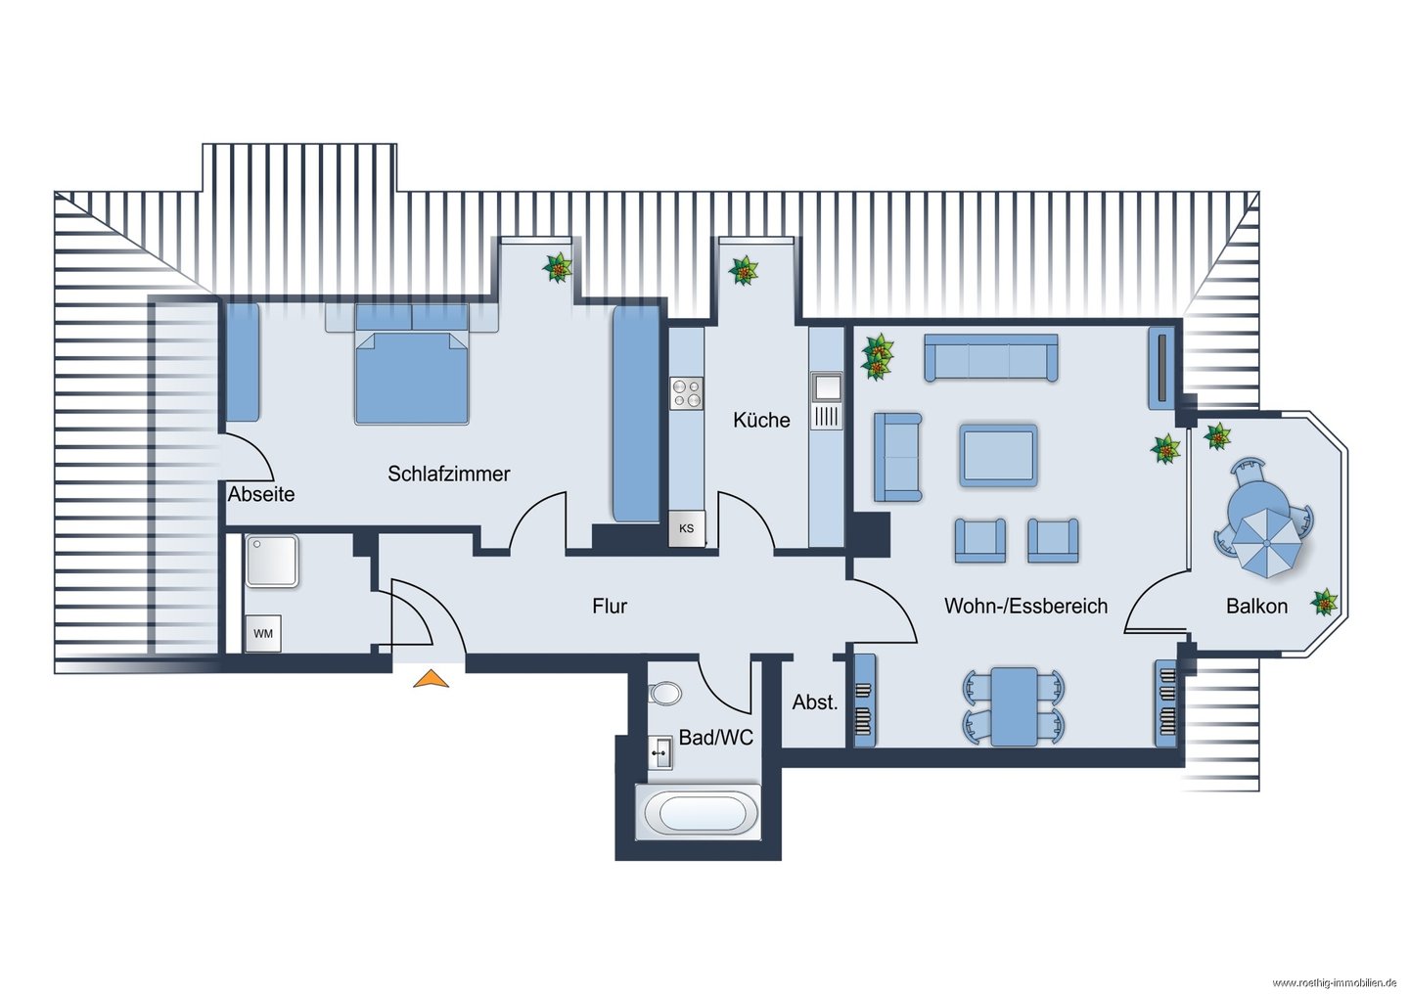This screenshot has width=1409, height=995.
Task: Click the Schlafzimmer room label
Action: click(448, 474)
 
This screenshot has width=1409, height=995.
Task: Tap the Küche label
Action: click(761, 420)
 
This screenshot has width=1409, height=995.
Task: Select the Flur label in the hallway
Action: click(610, 606)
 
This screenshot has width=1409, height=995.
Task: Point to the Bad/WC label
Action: click(716, 737)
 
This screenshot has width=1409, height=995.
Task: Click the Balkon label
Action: click(1256, 606)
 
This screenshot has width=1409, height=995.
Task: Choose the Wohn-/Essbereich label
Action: click(1025, 606)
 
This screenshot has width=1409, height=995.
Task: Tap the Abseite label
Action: click(261, 494)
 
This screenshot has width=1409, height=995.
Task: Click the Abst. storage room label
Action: click(814, 701)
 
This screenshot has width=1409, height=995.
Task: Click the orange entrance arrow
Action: click(431, 679)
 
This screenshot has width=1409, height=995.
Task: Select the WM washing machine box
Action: click(263, 633)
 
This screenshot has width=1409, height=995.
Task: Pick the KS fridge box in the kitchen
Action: click(686, 528)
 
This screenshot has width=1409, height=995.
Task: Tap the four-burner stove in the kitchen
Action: click(686, 393)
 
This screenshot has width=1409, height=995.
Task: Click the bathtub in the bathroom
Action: click(698, 812)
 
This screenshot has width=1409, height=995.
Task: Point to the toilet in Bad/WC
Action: click(665, 694)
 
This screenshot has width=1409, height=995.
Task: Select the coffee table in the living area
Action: click(998, 455)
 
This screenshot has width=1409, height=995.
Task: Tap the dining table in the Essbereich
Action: click(1014, 707)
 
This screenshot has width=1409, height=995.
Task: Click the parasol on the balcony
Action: click(1266, 542)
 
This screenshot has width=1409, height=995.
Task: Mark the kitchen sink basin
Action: click(826, 387)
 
